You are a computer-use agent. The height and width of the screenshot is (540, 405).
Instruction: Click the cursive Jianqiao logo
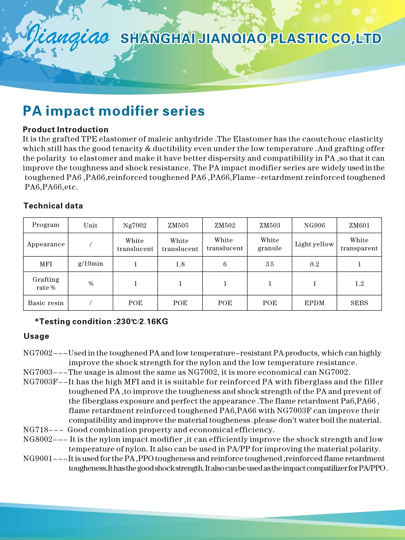(x=68, y=37)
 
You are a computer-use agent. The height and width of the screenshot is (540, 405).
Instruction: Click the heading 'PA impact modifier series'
(x=114, y=111)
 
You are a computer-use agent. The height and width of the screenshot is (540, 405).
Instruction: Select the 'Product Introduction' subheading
(x=66, y=129)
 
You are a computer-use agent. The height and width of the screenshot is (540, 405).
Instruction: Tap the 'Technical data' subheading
(x=53, y=206)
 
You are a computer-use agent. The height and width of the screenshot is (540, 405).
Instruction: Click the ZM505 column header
(x=180, y=225)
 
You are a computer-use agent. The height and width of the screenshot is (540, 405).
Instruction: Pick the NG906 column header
(x=314, y=225)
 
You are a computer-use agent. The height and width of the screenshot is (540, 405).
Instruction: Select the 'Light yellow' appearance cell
(x=314, y=244)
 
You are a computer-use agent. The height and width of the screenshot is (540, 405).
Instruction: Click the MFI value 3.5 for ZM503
(x=270, y=264)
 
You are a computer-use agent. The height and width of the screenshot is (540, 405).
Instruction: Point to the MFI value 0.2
(x=314, y=264)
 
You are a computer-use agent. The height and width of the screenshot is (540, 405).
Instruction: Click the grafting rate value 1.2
(x=359, y=284)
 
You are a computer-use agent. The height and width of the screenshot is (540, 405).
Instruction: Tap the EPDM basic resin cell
(x=314, y=303)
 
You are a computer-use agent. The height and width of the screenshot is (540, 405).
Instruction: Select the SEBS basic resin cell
(x=359, y=303)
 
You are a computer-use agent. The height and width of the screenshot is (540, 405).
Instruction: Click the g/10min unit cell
(x=90, y=264)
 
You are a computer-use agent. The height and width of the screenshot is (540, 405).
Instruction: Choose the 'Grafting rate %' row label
(x=46, y=284)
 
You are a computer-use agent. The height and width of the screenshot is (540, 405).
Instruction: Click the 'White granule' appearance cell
(x=270, y=244)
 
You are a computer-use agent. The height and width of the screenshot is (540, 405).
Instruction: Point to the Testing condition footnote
(x=102, y=322)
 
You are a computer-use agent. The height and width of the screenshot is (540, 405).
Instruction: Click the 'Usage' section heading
(x=36, y=336)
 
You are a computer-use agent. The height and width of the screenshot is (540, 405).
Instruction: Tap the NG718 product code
(x=36, y=430)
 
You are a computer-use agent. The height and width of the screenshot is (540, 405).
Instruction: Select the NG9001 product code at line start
(x=38, y=459)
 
